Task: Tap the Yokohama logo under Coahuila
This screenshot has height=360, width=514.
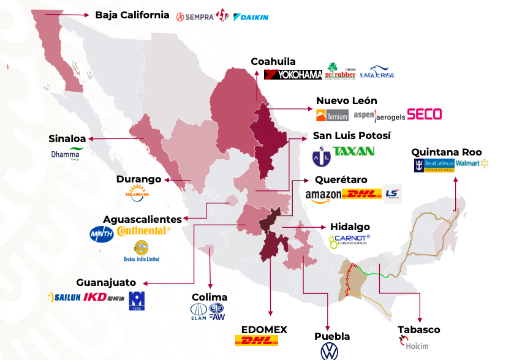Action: pyautogui.click(x=293, y=75)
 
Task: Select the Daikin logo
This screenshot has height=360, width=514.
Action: pyautogui.click(x=251, y=17)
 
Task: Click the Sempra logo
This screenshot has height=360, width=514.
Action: pyautogui.click(x=194, y=17)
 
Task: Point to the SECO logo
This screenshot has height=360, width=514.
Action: pyautogui.click(x=424, y=114)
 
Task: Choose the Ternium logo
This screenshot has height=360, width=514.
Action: pyautogui.click(x=331, y=115)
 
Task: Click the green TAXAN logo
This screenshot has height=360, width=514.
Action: pyautogui.click(x=353, y=151)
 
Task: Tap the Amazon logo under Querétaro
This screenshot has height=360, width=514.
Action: pyautogui.click(x=323, y=195)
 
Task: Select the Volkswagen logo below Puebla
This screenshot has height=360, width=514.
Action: pyautogui.click(x=330, y=351)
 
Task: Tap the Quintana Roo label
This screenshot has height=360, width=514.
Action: pyautogui.click(x=446, y=152)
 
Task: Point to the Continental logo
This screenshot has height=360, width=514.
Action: pyautogui.click(x=143, y=231)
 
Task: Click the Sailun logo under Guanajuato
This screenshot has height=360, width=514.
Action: pyautogui.click(x=64, y=298)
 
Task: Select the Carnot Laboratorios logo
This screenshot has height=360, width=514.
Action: pyautogui.click(x=349, y=241)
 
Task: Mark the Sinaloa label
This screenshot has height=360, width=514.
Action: pyautogui.click(x=67, y=138)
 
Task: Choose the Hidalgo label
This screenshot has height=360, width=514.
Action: pyautogui.click(x=350, y=227)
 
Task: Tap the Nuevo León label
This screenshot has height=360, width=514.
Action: pyautogui.click(x=346, y=100)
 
